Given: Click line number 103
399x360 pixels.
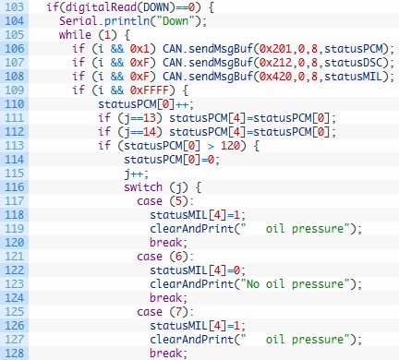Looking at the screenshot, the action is point(14,6).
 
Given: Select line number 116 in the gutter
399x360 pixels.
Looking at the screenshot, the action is point(14,187).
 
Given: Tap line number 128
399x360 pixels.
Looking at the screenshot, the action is point(14,354).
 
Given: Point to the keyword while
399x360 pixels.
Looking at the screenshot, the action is point(75,35).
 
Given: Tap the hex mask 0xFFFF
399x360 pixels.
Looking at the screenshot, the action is point(149,90).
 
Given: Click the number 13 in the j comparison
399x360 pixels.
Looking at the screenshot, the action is point(149,118).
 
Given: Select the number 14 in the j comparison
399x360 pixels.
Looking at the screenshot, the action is point(149,132).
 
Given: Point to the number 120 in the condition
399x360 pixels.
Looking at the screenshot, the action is point(230,146).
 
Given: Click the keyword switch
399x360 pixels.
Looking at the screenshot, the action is point(143,187).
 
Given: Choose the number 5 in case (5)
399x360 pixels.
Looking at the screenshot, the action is point(178,201).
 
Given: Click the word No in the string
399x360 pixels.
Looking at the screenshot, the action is point(253,284).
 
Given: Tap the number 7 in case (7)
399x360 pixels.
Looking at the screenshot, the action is point(178,312).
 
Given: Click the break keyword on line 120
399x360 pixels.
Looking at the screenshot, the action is point(165,243).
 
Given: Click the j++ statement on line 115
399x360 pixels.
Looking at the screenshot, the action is point(137,174).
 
